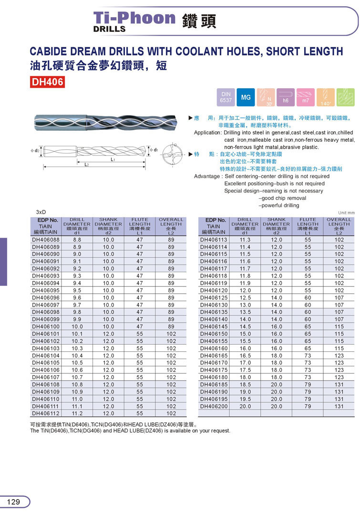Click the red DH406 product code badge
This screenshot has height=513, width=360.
coord(47,82)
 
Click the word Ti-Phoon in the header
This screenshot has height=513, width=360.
coord(134,18)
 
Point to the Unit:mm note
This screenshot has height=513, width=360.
coord(346,213)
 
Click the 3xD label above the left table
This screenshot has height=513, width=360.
coord(41,212)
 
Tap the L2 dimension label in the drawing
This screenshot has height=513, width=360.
coord(87,164)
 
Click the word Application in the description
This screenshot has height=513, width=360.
coord(208,133)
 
